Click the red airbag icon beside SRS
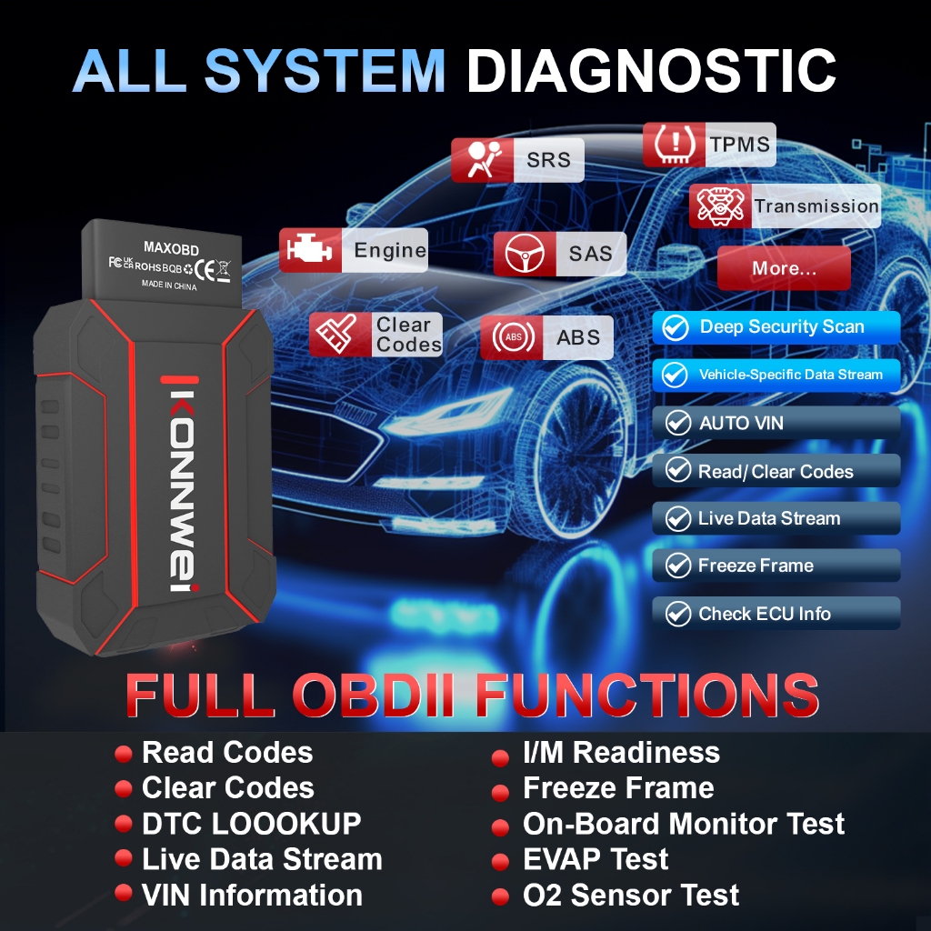click(483, 160)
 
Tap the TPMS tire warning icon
click(675, 145)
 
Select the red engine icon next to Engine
click(309, 250)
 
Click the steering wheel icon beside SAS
click(525, 254)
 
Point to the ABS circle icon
click(513, 337)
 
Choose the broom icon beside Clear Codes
click(337, 334)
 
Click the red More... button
click(784, 268)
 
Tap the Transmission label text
click(816, 206)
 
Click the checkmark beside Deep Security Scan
click(676, 327)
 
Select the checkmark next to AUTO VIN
click(677, 423)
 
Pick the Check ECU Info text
click(764, 614)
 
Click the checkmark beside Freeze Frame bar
click(677, 566)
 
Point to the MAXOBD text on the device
click(171, 247)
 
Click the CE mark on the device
click(205, 269)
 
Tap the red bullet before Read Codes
click(123, 754)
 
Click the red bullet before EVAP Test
click(501, 862)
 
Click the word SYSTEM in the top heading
click(325, 71)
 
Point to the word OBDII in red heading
click(373, 695)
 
